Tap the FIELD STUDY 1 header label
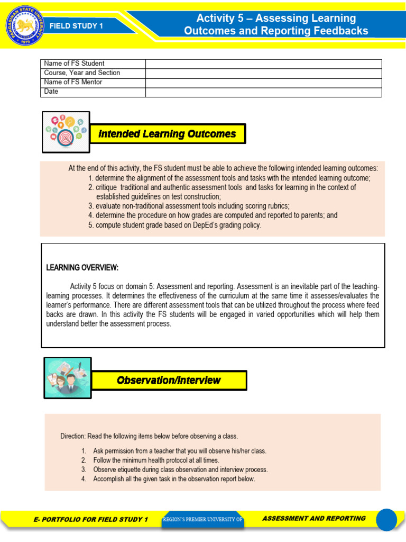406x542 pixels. click(x=76, y=25)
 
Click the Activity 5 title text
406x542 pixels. click(x=276, y=24)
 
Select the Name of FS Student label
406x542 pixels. click(x=74, y=64)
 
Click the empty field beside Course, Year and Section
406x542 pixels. click(x=263, y=73)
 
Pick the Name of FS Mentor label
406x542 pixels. click(x=73, y=83)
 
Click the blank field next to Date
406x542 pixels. click(x=263, y=92)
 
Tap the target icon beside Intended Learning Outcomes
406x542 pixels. click(x=66, y=132)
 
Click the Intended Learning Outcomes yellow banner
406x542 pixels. click(x=168, y=134)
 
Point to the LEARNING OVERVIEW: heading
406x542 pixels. click(x=82, y=267)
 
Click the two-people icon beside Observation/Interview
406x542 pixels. click(x=67, y=377)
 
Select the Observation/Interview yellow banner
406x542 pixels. click(x=169, y=380)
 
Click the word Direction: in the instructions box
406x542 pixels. click(x=73, y=437)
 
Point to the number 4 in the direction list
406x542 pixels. click(x=84, y=479)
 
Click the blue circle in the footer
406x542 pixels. click(x=386, y=519)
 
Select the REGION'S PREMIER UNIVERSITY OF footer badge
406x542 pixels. click(x=202, y=520)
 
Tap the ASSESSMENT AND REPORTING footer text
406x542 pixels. click(x=313, y=519)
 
